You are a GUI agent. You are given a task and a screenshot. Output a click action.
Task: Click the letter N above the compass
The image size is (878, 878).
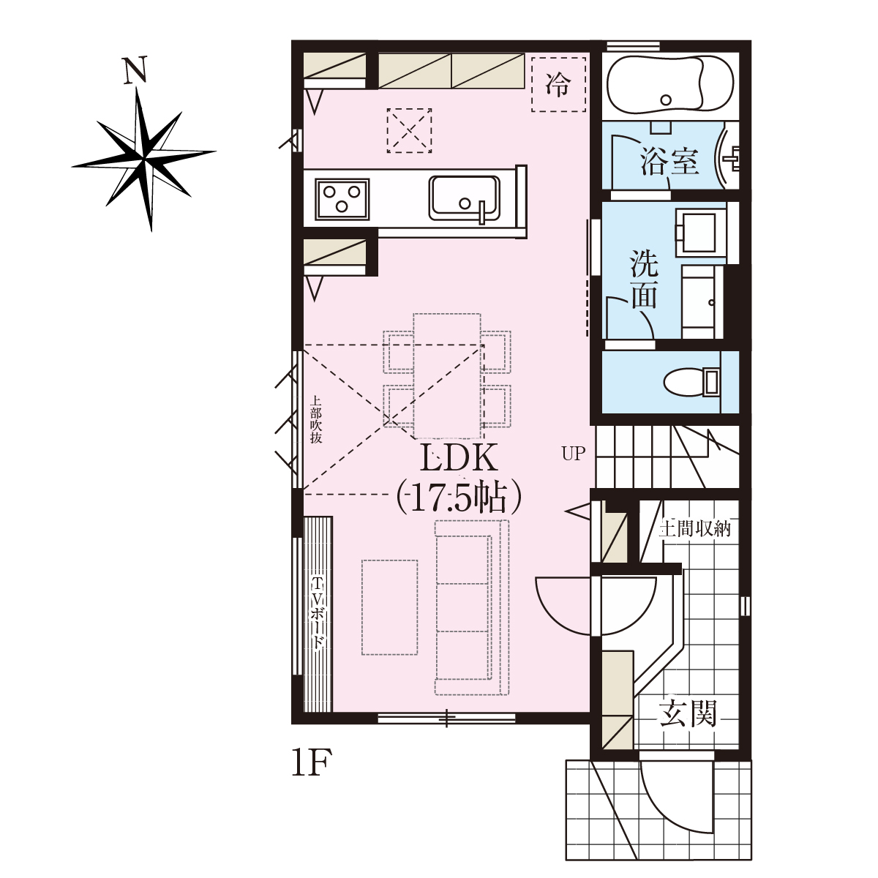tap(135, 70)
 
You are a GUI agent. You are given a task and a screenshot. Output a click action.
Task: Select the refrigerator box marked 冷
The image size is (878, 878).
tap(558, 84)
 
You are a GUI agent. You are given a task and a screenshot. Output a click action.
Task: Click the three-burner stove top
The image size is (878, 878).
tap(342, 199)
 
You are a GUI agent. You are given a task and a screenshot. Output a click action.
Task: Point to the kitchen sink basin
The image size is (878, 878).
tap(465, 198)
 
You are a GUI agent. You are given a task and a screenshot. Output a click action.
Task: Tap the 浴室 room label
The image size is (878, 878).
tap(669, 162)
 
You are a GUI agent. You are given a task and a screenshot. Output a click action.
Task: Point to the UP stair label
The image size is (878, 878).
tap(573, 454)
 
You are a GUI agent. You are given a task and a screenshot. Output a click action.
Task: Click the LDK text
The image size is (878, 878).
tap(458, 458)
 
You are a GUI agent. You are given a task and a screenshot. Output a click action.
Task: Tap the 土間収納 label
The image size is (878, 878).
tap(695, 529)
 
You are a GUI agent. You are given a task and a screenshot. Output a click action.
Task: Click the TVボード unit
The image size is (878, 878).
tap(318, 614)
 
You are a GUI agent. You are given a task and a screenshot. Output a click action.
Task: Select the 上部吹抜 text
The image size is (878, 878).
tap(315, 420)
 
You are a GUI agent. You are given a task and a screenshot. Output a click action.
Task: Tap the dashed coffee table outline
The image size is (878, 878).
tap(390, 607)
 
